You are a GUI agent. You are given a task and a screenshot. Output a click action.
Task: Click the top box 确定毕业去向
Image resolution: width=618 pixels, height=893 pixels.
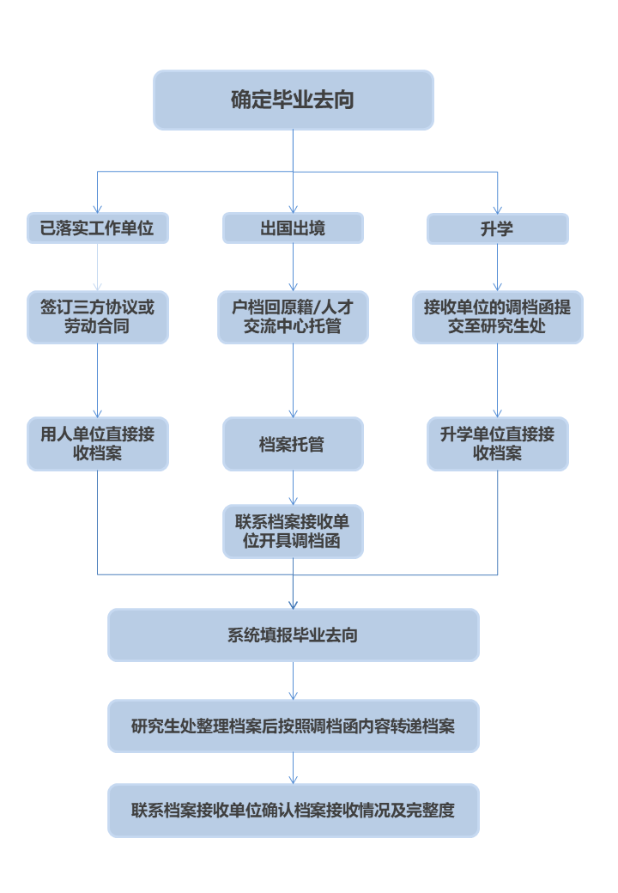click(293, 100)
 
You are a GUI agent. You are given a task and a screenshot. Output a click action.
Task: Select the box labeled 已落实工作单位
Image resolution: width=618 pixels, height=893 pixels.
click(97, 228)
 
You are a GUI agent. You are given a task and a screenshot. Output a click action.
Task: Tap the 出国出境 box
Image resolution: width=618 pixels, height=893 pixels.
click(293, 228)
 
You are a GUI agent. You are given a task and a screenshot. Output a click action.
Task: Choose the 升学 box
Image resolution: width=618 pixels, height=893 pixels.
click(497, 228)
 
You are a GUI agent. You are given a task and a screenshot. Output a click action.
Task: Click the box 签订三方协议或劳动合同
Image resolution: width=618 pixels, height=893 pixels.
click(97, 317)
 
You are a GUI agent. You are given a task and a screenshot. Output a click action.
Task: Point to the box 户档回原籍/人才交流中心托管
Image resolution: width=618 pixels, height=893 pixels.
click(293, 317)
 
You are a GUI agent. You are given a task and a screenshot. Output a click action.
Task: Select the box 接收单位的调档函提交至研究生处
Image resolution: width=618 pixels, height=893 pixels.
click(497, 317)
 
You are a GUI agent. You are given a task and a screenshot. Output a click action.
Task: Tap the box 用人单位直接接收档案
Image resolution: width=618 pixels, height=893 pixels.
click(97, 444)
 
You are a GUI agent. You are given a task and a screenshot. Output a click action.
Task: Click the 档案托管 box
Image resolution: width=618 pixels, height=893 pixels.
click(293, 444)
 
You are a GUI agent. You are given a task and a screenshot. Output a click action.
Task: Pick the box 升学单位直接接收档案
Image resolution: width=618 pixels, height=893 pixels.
click(497, 444)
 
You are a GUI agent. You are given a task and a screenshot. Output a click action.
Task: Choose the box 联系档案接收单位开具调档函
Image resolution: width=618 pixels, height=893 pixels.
click(293, 532)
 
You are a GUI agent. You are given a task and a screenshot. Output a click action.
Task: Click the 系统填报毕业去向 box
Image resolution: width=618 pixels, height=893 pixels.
click(293, 635)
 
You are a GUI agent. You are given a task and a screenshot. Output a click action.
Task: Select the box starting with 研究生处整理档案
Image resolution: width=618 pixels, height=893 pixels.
click(293, 726)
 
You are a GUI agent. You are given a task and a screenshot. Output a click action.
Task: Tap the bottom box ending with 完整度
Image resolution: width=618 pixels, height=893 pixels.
click(293, 810)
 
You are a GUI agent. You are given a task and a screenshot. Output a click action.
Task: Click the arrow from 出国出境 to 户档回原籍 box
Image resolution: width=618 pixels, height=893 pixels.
click(293, 267)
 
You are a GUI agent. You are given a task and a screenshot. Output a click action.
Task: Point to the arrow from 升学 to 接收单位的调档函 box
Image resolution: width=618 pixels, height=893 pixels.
click(497, 267)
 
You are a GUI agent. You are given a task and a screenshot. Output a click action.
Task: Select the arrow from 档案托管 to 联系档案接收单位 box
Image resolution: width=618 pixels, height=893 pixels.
click(293, 488)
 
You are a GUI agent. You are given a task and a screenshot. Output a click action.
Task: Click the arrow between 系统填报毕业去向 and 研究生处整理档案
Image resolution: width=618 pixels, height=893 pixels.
click(293, 681)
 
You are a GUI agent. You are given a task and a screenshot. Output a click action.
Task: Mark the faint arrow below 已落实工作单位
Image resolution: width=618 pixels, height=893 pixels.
click(97, 267)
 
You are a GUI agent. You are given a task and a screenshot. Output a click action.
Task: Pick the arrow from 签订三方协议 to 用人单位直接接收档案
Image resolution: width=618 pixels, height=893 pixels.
click(97, 380)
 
